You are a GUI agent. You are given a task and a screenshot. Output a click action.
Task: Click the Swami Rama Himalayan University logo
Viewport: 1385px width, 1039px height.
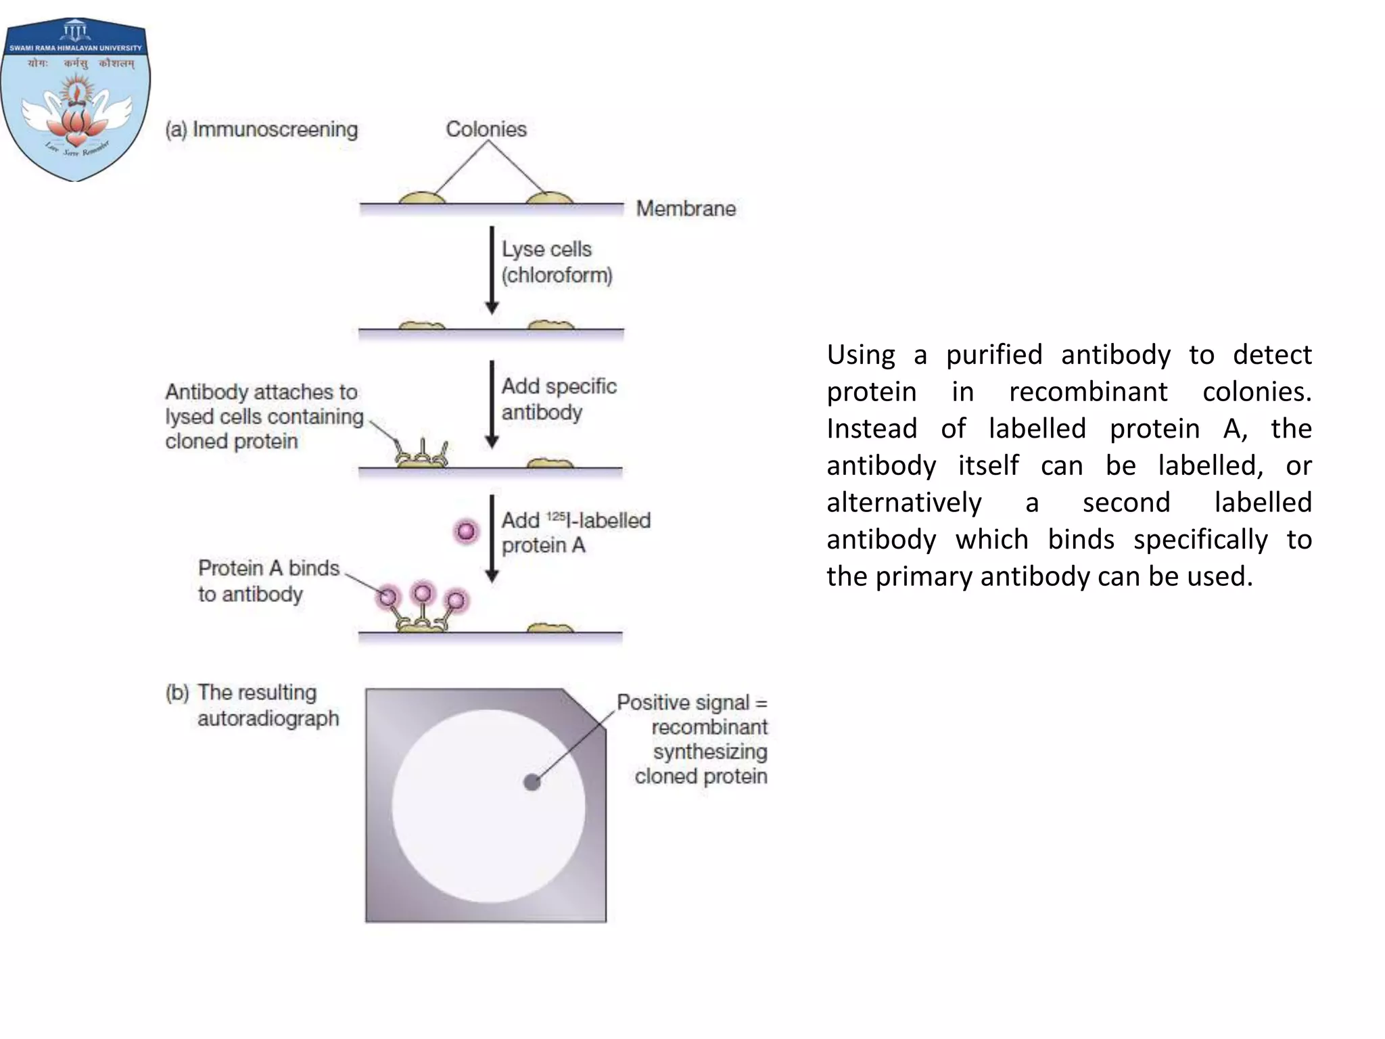(76, 99)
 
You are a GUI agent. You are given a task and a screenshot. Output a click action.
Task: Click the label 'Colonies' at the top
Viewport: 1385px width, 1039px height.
(486, 129)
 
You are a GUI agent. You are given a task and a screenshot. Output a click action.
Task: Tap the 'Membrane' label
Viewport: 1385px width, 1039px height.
(686, 208)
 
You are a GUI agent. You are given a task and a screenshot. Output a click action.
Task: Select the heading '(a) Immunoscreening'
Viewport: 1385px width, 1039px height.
(262, 129)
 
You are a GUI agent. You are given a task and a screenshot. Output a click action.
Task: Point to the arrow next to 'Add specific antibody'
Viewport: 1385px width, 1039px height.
(492, 404)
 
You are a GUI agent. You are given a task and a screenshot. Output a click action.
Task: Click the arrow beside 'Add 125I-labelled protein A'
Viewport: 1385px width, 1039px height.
(492, 538)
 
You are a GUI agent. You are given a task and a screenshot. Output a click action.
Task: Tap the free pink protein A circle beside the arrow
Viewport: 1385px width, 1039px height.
(466, 531)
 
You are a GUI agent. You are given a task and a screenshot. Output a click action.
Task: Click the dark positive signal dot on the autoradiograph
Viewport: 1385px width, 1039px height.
(532, 783)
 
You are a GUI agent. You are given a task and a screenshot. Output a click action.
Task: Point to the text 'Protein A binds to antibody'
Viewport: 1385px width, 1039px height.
(268, 580)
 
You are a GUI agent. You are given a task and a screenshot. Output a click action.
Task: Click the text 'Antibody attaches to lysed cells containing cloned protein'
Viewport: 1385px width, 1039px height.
(264, 416)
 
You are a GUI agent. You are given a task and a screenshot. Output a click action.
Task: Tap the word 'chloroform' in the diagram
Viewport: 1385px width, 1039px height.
(557, 275)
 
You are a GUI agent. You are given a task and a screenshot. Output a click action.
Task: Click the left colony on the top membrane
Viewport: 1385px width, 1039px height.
(422, 198)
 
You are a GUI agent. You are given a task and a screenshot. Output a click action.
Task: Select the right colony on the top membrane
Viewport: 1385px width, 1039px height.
(549, 198)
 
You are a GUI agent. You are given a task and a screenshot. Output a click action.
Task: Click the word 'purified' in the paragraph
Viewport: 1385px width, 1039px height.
(993, 354)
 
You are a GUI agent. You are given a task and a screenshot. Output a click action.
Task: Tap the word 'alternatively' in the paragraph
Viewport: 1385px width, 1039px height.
(903, 503)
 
